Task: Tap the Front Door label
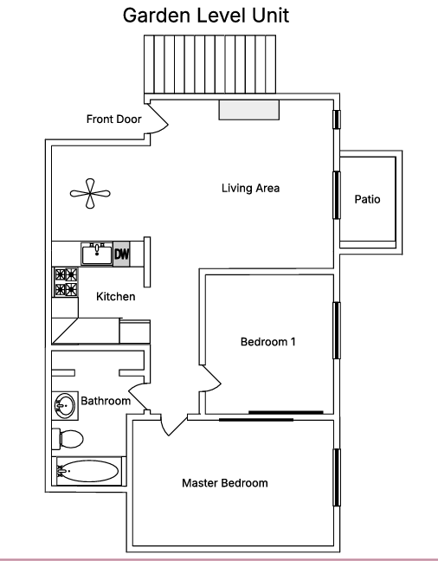tap(113, 119)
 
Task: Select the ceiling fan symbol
tap(89, 194)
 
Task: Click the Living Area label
tap(250, 188)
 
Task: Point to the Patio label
tap(368, 200)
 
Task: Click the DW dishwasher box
tap(122, 255)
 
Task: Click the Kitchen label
tap(115, 297)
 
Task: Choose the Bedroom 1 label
tap(267, 342)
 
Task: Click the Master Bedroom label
tap(224, 483)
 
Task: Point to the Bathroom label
tap(106, 402)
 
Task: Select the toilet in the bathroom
tap(68, 437)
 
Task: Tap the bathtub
tap(87, 472)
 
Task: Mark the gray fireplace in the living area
tap(248, 110)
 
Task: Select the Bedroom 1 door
tap(211, 377)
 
